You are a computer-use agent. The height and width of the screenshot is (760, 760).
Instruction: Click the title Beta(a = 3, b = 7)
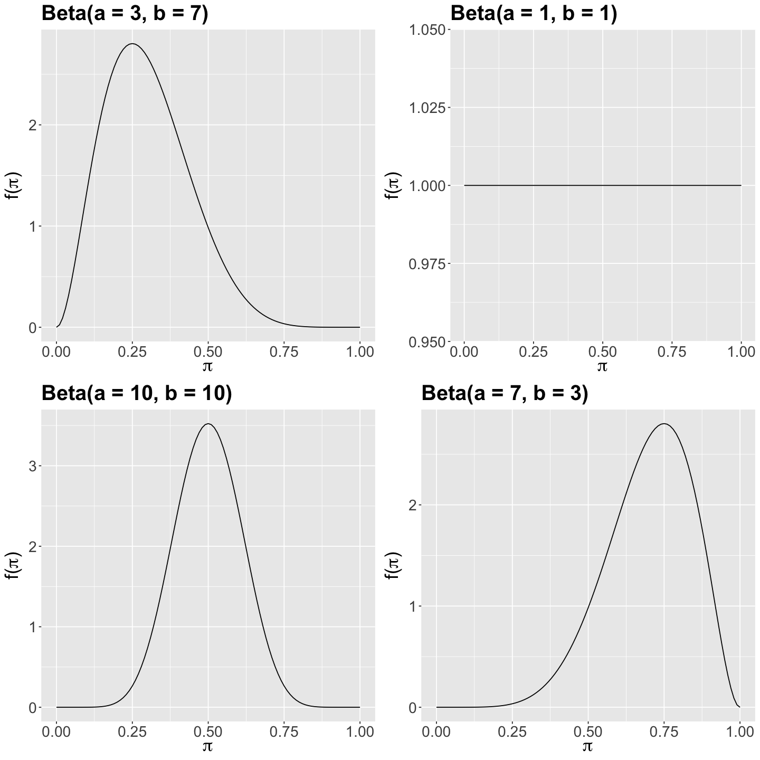(x=125, y=14)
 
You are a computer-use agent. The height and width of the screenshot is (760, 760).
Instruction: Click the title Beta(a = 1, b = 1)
(x=534, y=14)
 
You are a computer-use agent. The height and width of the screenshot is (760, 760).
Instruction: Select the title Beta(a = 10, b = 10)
(x=137, y=393)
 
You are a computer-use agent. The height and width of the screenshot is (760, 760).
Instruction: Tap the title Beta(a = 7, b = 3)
(x=505, y=393)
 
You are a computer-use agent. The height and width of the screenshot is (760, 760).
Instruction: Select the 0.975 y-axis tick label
(x=427, y=263)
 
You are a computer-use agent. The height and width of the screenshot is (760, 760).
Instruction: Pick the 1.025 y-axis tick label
(x=427, y=108)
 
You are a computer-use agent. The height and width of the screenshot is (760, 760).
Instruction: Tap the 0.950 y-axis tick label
(x=427, y=342)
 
